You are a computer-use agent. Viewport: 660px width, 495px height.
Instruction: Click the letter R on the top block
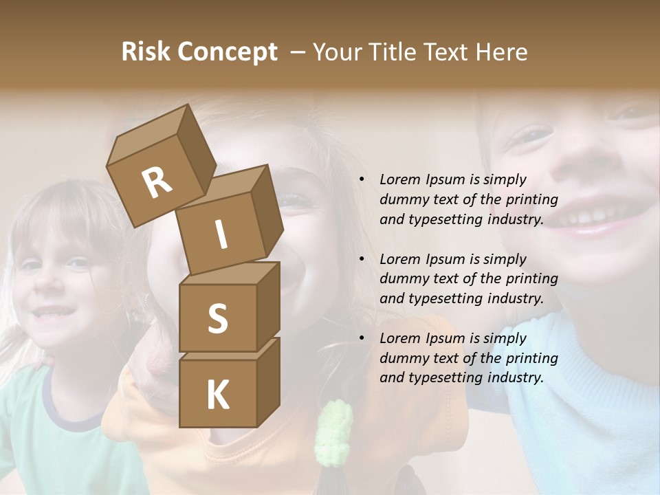pyautogui.click(x=157, y=183)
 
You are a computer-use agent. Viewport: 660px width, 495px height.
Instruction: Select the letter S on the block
pyautogui.click(x=218, y=318)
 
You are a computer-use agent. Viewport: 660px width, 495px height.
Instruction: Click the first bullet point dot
pyautogui.click(x=362, y=179)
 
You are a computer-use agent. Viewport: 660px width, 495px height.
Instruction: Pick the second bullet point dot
pyautogui.click(x=362, y=259)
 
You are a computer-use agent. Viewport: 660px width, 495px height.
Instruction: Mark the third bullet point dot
pyautogui.click(x=362, y=338)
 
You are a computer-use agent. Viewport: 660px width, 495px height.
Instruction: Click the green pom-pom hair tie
pyautogui.click(x=333, y=432)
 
